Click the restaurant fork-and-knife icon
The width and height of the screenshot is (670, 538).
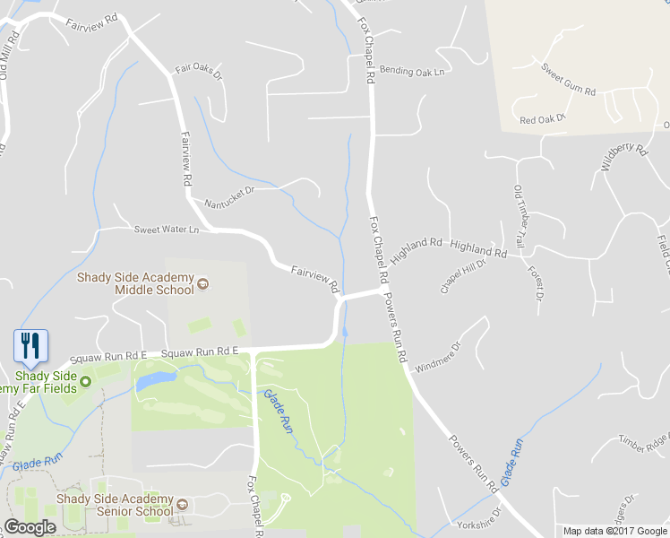tap(30, 345)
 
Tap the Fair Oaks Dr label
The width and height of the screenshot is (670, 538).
tap(197, 69)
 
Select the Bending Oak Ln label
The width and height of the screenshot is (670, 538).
tap(411, 71)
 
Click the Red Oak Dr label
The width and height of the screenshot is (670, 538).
tap(543, 119)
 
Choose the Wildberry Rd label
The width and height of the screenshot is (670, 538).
tap(623, 157)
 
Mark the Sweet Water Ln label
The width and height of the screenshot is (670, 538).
tap(166, 230)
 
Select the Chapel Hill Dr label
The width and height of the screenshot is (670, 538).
tap(462, 276)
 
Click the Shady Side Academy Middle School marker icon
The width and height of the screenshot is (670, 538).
tap(203, 284)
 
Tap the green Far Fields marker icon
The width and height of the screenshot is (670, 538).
tap(86, 382)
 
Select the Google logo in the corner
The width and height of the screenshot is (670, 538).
tap(30, 527)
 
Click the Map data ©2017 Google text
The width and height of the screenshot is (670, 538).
tap(615, 531)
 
